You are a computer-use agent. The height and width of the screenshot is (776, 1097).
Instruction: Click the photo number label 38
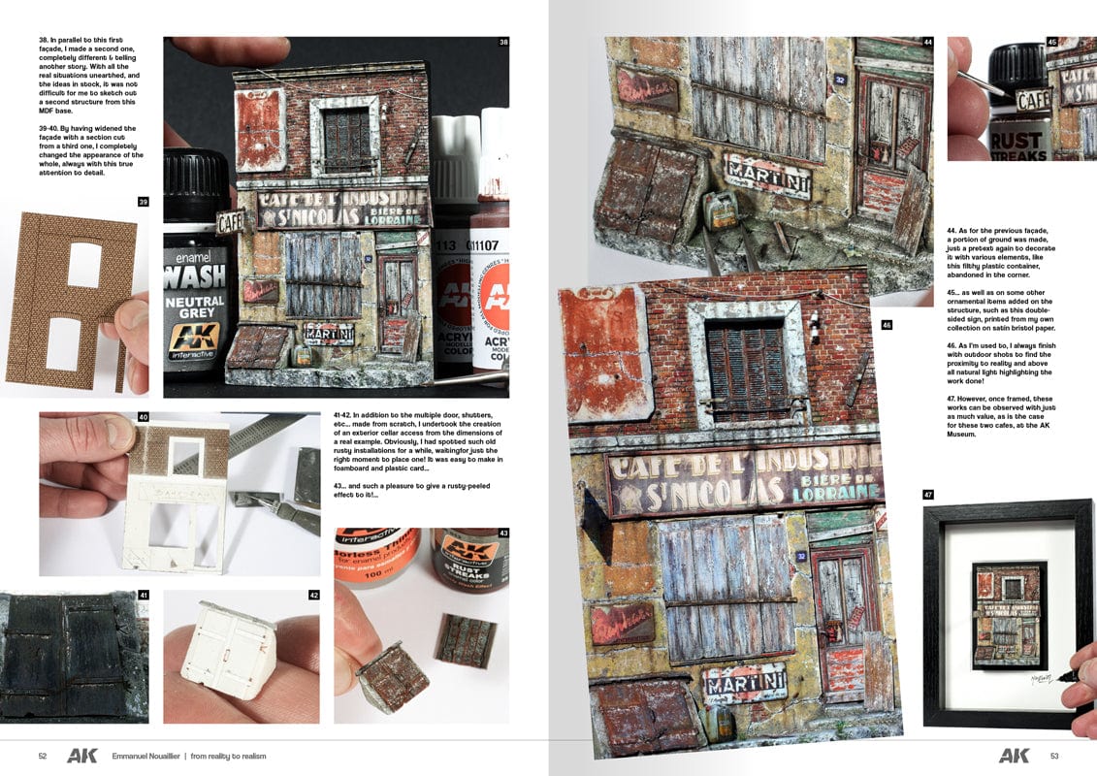tap(503, 42)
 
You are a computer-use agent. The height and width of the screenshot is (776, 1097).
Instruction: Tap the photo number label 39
tap(143, 202)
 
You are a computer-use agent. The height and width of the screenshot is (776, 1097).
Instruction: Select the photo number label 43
tap(503, 533)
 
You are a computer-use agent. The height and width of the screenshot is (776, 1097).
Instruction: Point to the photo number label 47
tap(928, 495)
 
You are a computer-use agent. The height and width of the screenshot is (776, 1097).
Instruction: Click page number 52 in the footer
tap(43, 756)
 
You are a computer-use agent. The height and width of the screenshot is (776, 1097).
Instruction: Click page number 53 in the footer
tap(1053, 756)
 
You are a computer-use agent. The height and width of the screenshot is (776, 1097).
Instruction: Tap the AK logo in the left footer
tap(81, 756)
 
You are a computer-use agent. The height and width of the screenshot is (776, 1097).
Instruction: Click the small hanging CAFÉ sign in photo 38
tap(231, 222)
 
